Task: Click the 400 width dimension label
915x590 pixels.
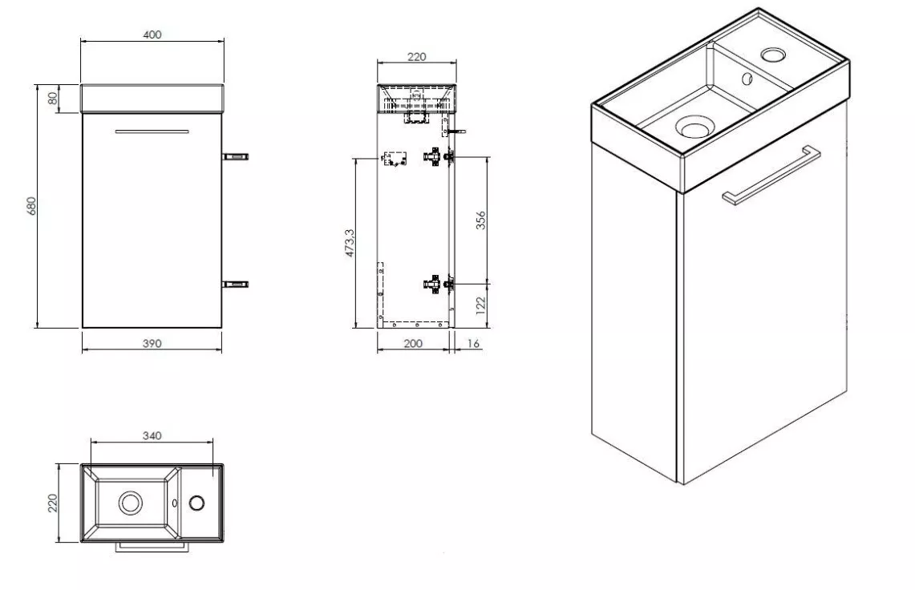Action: (x=152, y=34)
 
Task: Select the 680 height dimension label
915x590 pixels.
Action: (x=31, y=205)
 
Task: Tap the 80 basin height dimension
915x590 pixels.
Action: (x=53, y=99)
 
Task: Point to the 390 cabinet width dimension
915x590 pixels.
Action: (x=152, y=344)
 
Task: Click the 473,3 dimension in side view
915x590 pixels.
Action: (x=350, y=243)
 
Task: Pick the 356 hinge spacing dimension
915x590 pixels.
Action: (x=480, y=220)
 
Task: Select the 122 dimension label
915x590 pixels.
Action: (x=480, y=305)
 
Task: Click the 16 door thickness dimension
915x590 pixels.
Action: (x=473, y=344)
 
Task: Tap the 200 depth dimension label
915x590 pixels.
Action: (x=412, y=344)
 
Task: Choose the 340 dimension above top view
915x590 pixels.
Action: (x=152, y=436)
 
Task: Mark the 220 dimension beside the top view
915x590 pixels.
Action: (x=52, y=503)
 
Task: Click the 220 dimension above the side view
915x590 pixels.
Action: (x=417, y=57)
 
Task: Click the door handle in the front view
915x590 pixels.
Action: (x=152, y=131)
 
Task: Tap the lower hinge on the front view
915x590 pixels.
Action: (x=236, y=285)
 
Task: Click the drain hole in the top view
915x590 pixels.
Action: (x=130, y=503)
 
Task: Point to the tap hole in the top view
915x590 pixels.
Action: (x=196, y=503)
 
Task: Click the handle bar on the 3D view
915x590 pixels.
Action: (x=771, y=176)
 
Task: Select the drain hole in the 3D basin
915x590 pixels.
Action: (x=694, y=126)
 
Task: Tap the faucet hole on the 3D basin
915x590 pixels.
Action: (x=774, y=55)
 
